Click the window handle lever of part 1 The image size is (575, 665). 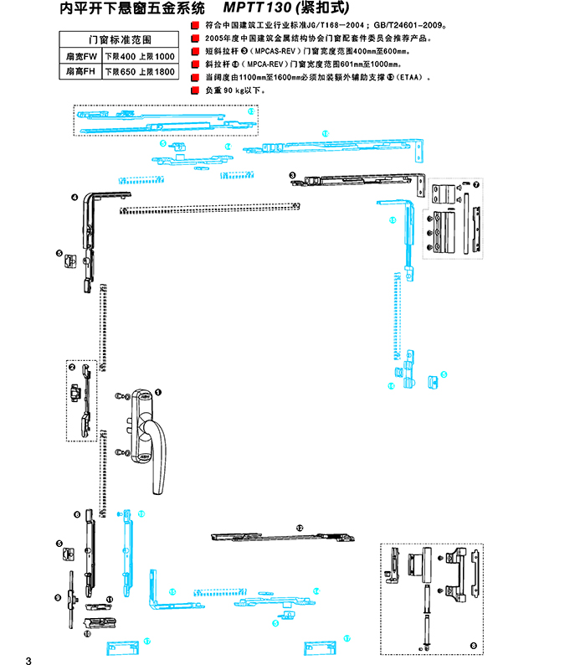click(x=155, y=461)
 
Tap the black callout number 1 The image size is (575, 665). click(x=157, y=391)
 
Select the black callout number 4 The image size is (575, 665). click(x=74, y=198)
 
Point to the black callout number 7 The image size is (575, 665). click(x=476, y=184)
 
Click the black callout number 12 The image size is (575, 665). click(x=299, y=528)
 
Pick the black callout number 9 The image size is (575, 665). click(x=58, y=597)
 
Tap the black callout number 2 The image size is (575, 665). click(x=72, y=367)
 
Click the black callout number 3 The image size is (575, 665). click(x=292, y=175)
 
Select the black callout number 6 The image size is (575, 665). click(x=76, y=514)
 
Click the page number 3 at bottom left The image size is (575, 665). click(x=28, y=654)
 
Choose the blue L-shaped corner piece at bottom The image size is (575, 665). click(x=157, y=594)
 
